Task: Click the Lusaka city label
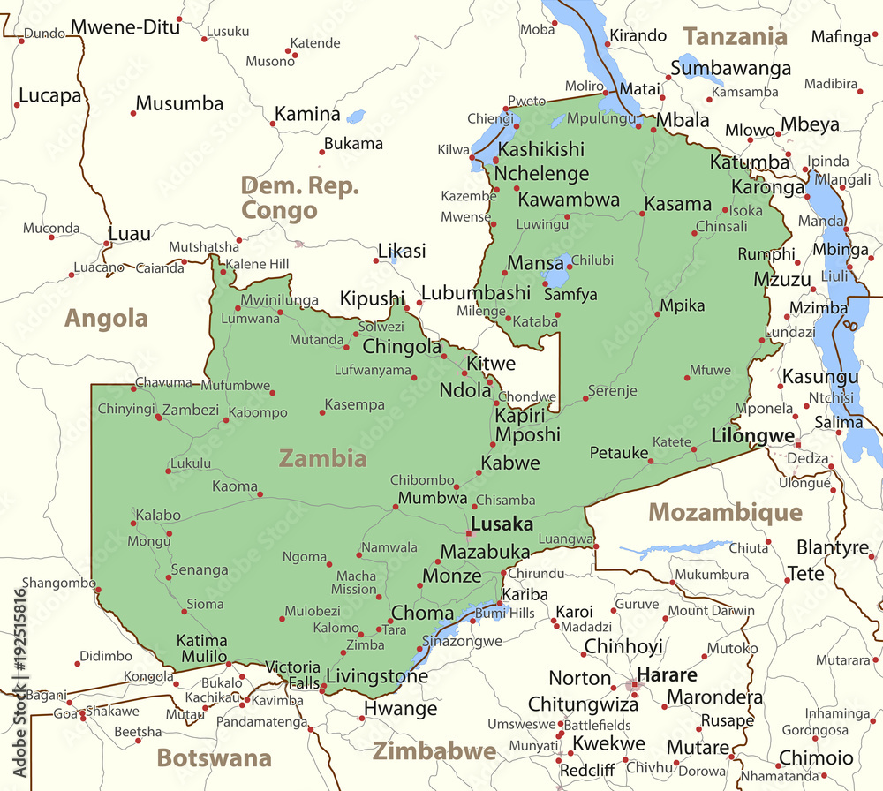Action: click(502, 524)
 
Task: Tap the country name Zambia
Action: click(322, 457)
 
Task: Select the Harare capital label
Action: click(667, 674)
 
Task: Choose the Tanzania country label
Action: click(735, 36)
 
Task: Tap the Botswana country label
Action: click(214, 757)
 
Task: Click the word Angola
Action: click(106, 318)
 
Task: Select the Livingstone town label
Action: click(377, 677)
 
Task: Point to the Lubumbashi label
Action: click(476, 292)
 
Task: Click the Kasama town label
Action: click(677, 204)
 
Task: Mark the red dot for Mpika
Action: click(658, 313)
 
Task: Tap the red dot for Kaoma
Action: click(260, 493)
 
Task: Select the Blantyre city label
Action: click(833, 547)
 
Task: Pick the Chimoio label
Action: click(816, 757)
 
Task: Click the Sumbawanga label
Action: click(730, 68)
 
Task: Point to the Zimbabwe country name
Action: click(434, 751)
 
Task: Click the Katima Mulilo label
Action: click(201, 648)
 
